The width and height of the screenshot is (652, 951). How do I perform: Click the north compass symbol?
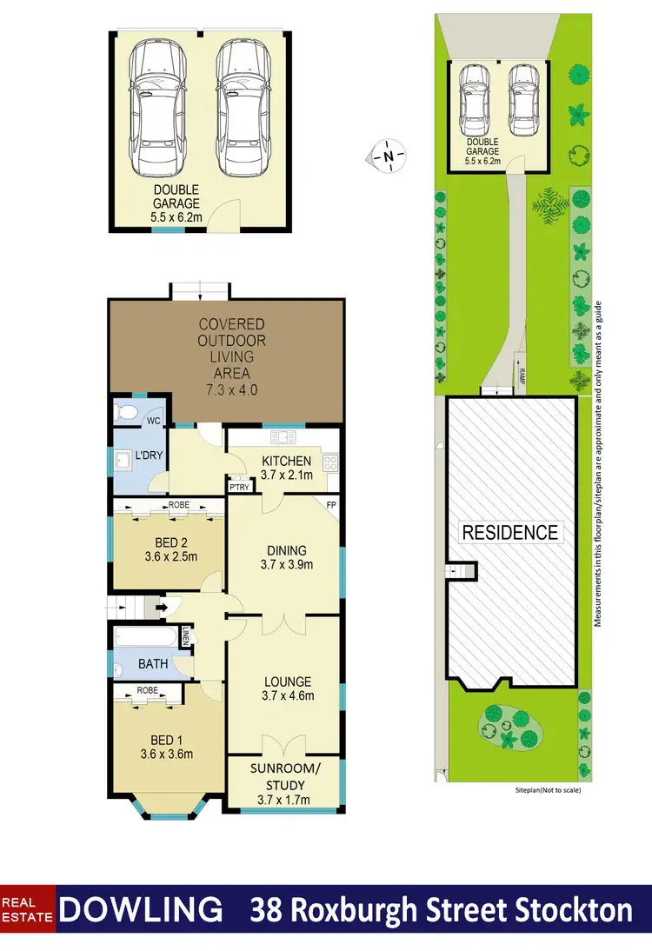pos(389,156)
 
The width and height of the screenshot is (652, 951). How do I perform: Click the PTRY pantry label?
pos(238,488)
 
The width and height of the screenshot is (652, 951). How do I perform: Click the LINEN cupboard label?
pos(186,637)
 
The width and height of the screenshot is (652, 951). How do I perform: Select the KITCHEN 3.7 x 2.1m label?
pos(285,467)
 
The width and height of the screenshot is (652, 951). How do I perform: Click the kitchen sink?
pos(283,436)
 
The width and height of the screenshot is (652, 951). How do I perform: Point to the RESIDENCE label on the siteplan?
pos(510,532)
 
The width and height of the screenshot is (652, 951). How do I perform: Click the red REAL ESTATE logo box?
pos(28,910)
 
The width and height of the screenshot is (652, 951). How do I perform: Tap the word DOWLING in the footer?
pos(143,910)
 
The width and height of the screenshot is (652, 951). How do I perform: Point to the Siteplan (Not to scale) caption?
pos(547,791)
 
